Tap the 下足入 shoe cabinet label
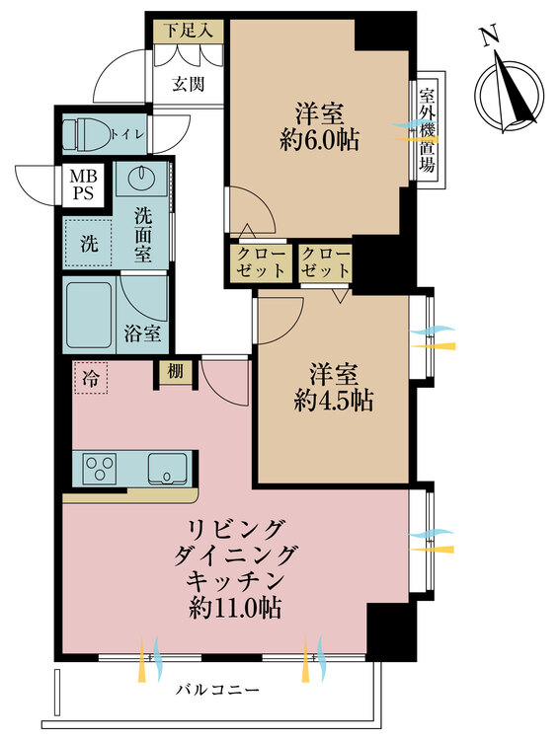pyautogui.click(x=188, y=30)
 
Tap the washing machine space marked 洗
pyautogui.click(x=88, y=245)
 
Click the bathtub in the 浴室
pyautogui.click(x=90, y=314)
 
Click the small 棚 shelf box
pyautogui.click(x=172, y=371)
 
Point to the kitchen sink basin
pyautogui.click(x=169, y=468)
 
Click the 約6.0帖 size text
pyautogui.click(x=318, y=141)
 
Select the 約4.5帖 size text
pyautogui.click(x=334, y=401)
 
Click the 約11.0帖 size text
pyautogui.click(x=235, y=608)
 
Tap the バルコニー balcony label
pyautogui.click(x=219, y=690)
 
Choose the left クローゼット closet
pyautogui.click(x=260, y=261)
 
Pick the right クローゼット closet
pyautogui.click(x=324, y=261)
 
